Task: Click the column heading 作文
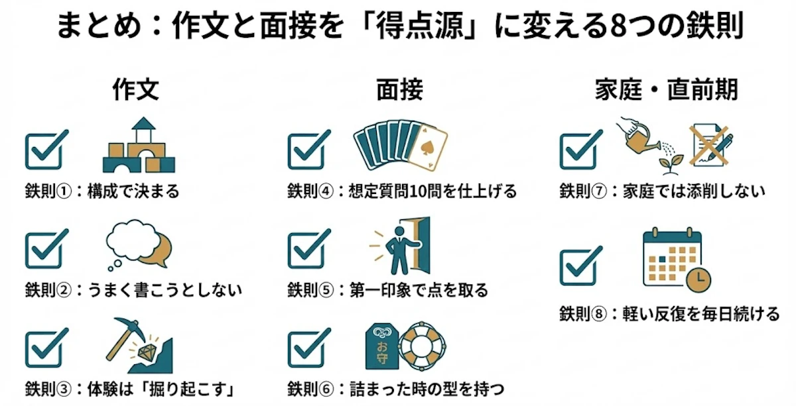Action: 136,89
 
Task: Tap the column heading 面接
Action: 400,89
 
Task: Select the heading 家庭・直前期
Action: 667,89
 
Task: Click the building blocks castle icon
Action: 139,145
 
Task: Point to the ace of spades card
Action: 427,148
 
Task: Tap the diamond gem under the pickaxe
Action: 146,352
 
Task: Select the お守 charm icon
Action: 382,346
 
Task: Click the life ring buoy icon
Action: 422,346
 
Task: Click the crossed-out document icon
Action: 710,146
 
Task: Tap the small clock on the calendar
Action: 698,279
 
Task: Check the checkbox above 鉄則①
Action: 46,150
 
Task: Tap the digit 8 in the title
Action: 618,26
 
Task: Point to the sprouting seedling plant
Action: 671,165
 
